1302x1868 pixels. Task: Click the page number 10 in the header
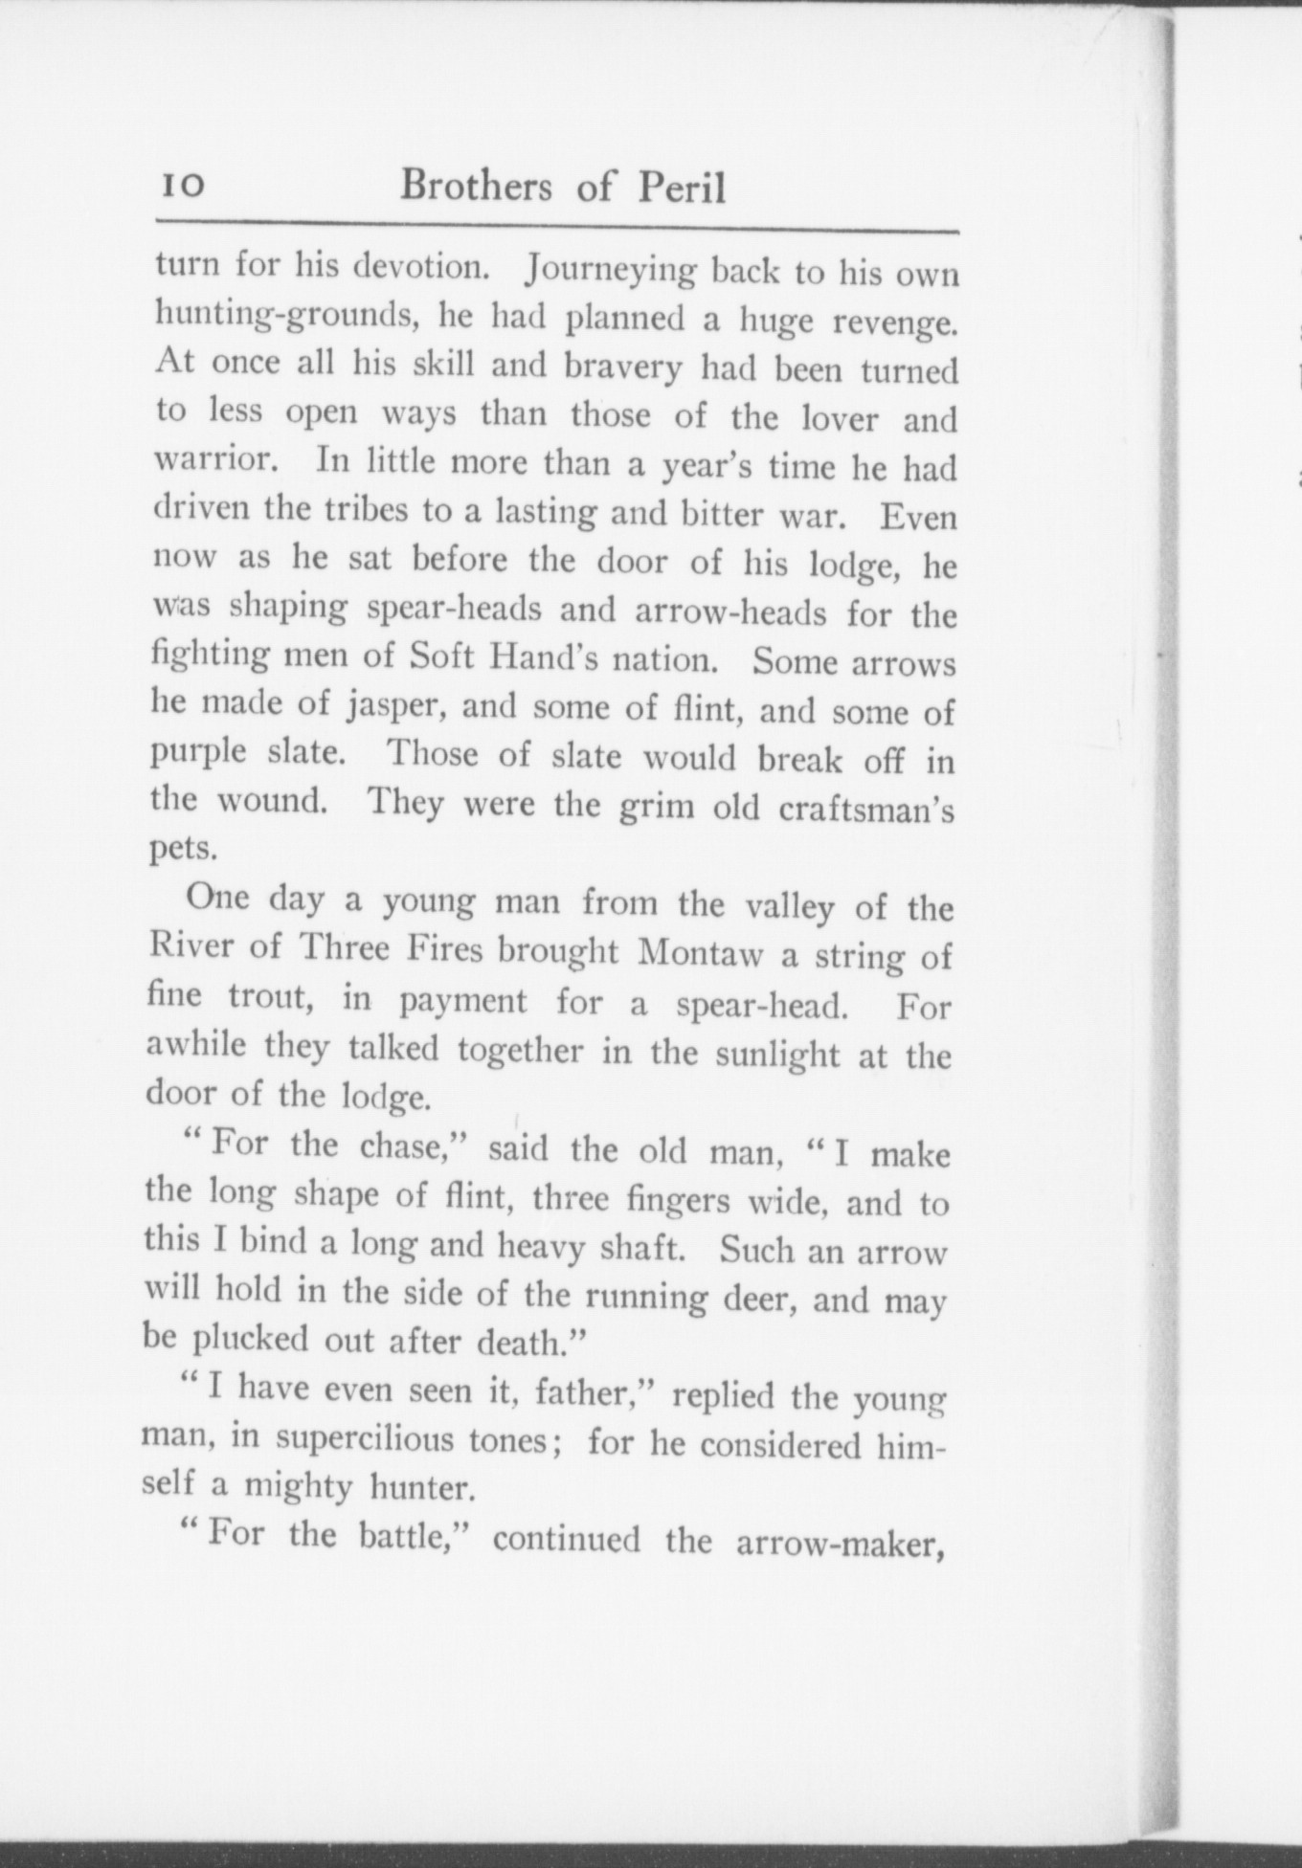(181, 184)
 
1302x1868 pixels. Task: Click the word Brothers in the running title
(476, 184)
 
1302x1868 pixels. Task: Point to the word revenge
(895, 322)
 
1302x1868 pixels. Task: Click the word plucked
(249, 1339)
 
